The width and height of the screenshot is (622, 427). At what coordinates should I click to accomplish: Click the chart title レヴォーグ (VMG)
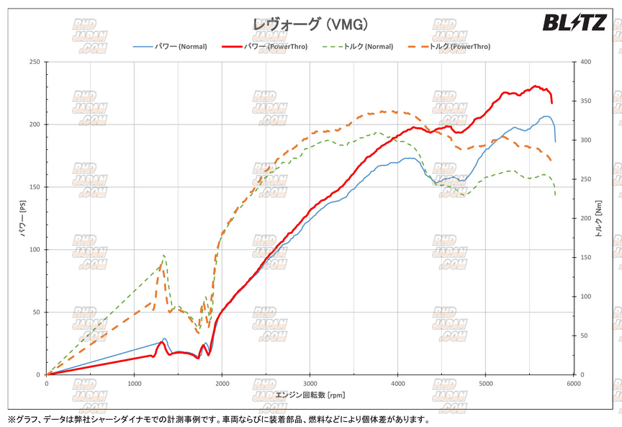[310, 24]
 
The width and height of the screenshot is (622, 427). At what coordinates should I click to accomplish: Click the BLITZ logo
[574, 23]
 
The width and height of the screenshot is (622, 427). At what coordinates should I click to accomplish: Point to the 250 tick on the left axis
[33, 62]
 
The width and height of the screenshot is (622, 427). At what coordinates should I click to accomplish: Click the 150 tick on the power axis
[33, 187]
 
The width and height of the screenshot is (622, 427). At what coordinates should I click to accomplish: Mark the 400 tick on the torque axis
[585, 62]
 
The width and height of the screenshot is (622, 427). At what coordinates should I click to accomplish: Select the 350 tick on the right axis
[585, 101]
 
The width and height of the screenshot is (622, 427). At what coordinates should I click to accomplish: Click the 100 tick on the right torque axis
[585, 297]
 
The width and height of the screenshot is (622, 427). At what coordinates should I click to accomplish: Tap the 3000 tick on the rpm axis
[310, 384]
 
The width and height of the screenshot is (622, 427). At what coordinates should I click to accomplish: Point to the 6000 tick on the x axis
[574, 384]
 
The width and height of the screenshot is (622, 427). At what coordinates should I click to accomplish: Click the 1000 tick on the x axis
[135, 384]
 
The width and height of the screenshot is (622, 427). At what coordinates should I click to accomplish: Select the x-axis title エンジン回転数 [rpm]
[310, 395]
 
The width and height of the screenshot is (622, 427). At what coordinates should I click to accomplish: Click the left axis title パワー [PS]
[22, 218]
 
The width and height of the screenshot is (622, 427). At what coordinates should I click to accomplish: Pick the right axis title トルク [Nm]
[599, 218]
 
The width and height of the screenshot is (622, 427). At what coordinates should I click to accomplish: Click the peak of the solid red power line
[535, 86]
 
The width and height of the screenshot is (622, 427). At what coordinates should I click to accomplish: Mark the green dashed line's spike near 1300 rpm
[164, 256]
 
